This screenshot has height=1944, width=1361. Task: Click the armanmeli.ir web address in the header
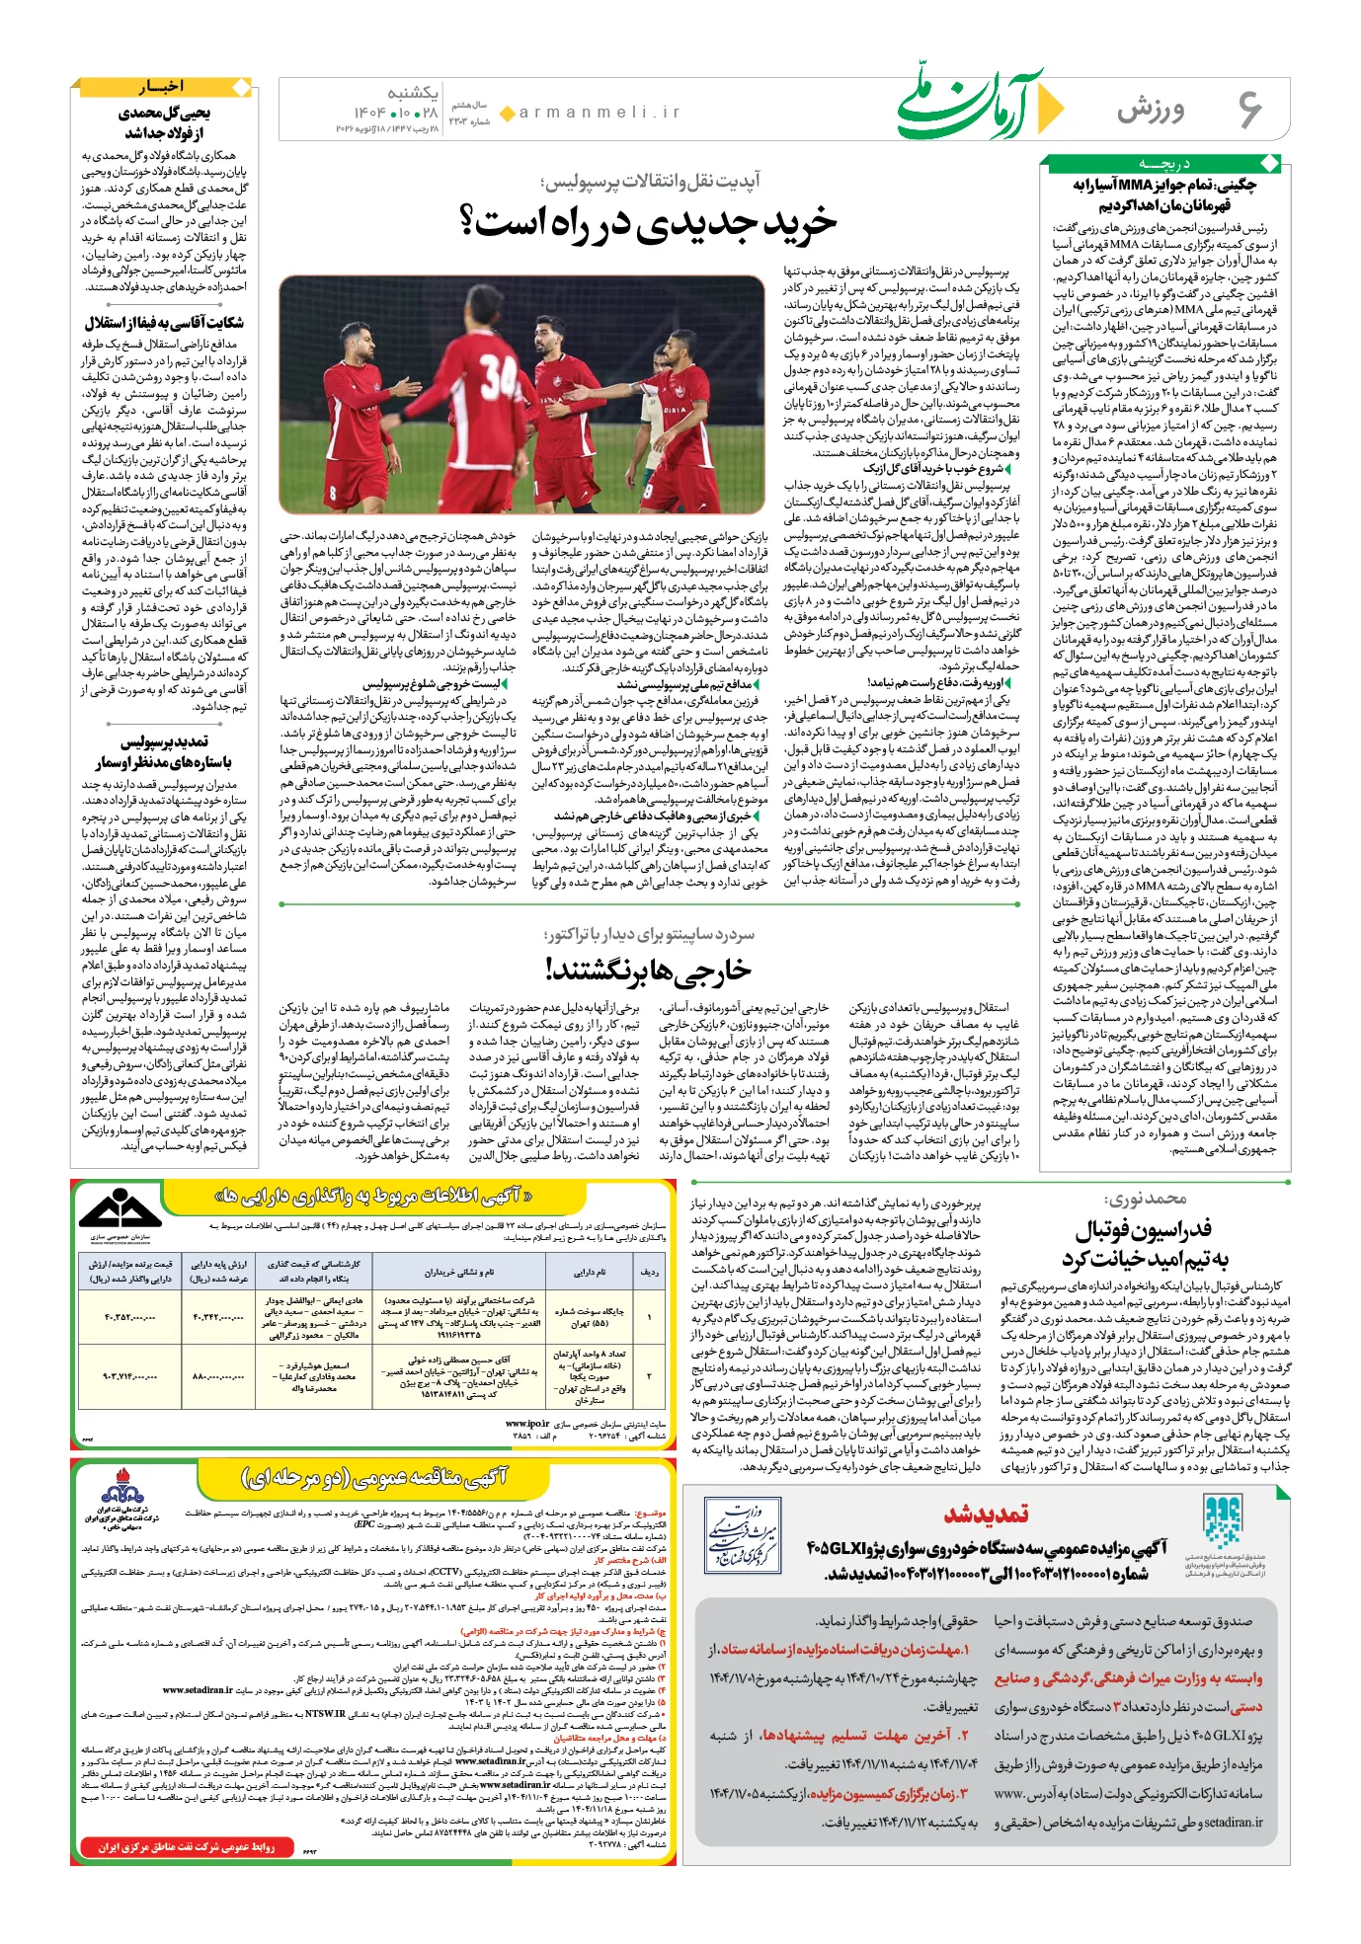pyautogui.click(x=600, y=113)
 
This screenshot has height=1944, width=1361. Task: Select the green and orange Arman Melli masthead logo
pyautogui.click(x=978, y=104)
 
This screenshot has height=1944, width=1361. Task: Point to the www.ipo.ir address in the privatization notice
pyautogui.click(x=527, y=1423)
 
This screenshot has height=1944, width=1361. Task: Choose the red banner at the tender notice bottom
pyautogui.click(x=186, y=1846)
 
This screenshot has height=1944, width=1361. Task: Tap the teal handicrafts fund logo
pyautogui.click(x=1221, y=1521)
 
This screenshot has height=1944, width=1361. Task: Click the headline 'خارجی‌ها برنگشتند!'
pyautogui.click(x=649, y=971)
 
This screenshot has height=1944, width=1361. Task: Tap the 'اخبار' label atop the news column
pyautogui.click(x=161, y=87)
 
